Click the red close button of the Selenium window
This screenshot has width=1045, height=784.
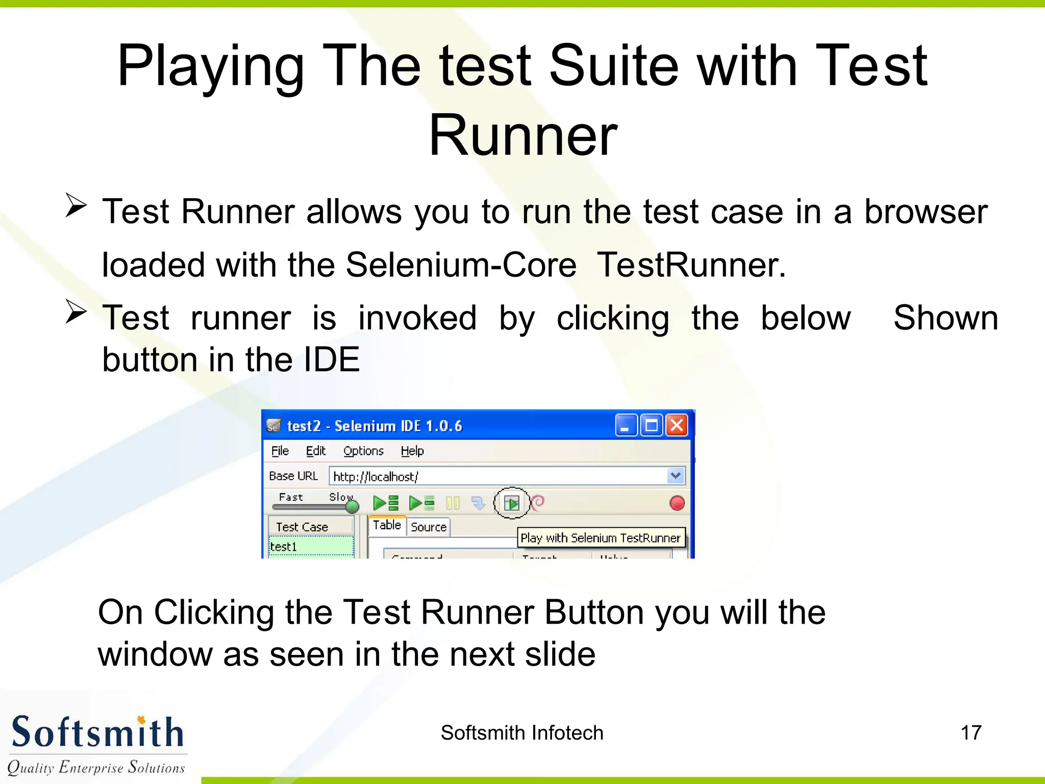tap(677, 425)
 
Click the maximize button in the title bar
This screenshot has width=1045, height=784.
tap(652, 425)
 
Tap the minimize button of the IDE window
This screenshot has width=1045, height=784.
tap(626, 425)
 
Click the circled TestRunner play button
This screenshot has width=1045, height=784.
tap(512, 503)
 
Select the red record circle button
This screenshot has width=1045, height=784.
tap(677, 503)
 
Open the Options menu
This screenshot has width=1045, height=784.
tap(363, 451)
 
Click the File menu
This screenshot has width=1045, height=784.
tap(280, 451)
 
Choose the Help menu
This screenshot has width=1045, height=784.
tap(412, 451)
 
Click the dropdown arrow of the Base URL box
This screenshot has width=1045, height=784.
tap(676, 476)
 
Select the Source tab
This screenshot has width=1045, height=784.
tap(428, 527)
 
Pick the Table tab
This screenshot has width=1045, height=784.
tap(387, 525)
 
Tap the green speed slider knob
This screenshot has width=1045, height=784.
tap(352, 506)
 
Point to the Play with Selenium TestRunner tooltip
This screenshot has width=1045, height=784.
tap(600, 538)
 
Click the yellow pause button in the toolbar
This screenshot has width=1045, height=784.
tap(453, 503)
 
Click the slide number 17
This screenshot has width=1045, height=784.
tap(971, 733)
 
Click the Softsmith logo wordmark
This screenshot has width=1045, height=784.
tap(97, 732)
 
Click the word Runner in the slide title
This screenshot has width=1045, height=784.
tap(522, 135)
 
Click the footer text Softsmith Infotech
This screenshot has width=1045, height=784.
tap(521, 733)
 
